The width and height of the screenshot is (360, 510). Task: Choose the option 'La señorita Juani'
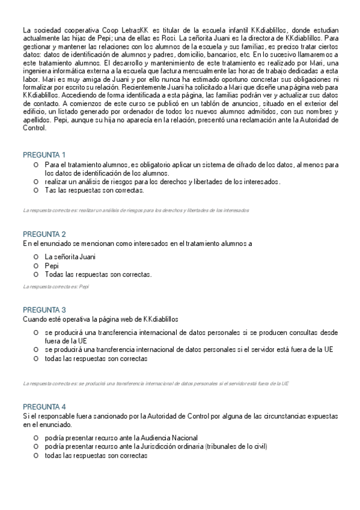coord(70,257)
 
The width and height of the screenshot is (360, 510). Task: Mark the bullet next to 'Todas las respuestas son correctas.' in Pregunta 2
coord(36,275)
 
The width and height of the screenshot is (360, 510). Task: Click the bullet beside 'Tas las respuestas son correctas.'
coord(36,190)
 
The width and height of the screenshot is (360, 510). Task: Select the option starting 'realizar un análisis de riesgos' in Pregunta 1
coord(162,182)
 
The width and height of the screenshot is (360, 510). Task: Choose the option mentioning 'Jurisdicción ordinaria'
coord(156,446)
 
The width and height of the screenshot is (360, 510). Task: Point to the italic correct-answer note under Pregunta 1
coord(136,210)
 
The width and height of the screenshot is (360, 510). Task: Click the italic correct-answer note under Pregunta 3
coord(155,383)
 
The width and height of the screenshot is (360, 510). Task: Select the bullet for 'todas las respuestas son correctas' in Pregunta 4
coord(36,455)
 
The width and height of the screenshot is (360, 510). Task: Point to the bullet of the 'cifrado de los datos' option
coord(36,164)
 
